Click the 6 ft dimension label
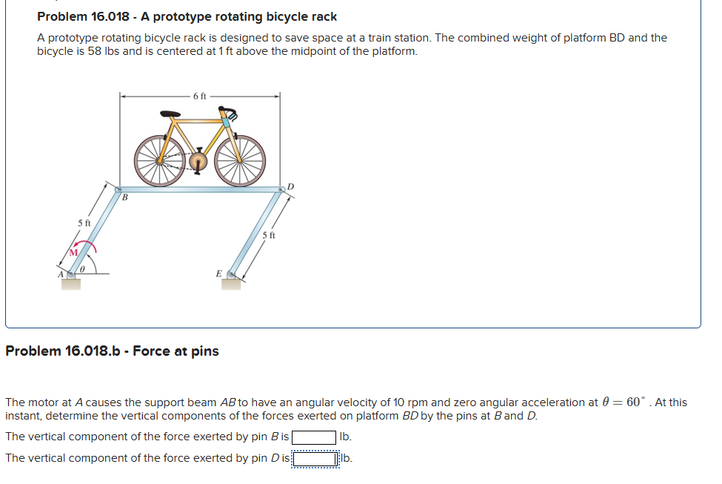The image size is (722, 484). tap(200, 96)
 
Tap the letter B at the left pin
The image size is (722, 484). tap(124, 198)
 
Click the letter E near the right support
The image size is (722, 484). tap(218, 274)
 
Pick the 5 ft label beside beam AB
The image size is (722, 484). tap(84, 222)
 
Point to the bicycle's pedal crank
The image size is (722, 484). tap(198, 161)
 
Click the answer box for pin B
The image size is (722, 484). tap(314, 437)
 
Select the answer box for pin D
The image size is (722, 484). tap(314, 458)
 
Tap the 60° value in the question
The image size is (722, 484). tap(635, 402)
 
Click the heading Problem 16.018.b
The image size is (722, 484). tap(112, 351)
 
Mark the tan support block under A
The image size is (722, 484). tap(71, 283)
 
